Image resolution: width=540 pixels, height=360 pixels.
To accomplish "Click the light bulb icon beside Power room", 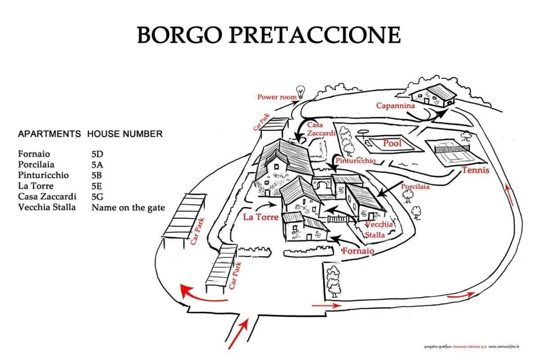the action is click(x=301, y=92).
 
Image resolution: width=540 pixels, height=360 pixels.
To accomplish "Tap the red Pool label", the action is click(x=392, y=143).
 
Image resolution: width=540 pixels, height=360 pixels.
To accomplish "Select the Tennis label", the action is click(x=475, y=170).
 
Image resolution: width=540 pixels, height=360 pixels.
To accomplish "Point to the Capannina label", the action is click(x=396, y=106).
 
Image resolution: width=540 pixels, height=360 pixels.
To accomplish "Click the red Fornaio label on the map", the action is click(x=358, y=251).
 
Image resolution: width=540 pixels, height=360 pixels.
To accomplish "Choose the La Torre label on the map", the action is click(x=261, y=217).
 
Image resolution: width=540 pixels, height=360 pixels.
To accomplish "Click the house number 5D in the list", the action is click(x=97, y=154).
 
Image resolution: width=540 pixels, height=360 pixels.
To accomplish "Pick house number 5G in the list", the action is click(x=97, y=197).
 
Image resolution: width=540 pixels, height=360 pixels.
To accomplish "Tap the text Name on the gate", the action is click(x=128, y=207).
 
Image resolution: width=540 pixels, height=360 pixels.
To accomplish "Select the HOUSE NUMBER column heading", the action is click(x=125, y=134).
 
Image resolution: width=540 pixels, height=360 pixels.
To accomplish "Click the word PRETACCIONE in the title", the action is click(x=315, y=35).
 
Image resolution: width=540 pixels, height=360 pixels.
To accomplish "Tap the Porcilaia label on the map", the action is click(x=415, y=187).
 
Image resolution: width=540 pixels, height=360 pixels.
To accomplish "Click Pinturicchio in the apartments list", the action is click(x=43, y=175).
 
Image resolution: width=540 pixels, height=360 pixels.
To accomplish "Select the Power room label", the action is click(x=277, y=97).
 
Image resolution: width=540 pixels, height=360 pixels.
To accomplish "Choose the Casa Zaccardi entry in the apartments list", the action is click(x=47, y=197).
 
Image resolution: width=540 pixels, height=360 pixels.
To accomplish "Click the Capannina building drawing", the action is click(x=433, y=95).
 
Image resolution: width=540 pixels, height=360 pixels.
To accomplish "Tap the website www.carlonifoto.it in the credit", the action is click(x=504, y=347).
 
